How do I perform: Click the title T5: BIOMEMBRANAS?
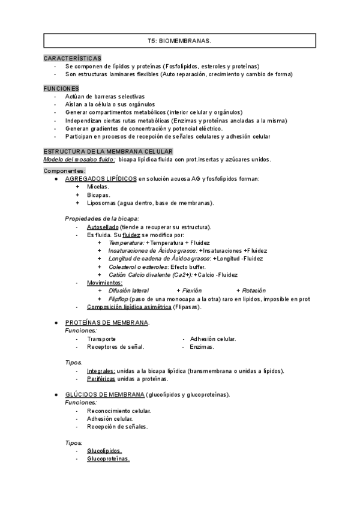click(179, 41)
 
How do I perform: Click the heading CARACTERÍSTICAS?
click(73, 58)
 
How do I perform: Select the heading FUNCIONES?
click(61, 88)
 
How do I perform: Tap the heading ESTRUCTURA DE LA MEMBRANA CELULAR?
click(109, 151)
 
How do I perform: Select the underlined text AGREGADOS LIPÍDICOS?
click(100, 178)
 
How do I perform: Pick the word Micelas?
click(98, 187)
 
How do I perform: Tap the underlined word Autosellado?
click(102, 227)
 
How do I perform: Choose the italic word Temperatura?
click(126, 242)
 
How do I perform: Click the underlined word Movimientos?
click(104, 282)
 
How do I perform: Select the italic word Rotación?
click(252, 291)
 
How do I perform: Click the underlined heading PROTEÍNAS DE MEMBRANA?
click(107, 322)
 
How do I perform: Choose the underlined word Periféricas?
click(101, 379)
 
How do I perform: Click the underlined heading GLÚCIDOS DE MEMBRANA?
click(104, 394)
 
